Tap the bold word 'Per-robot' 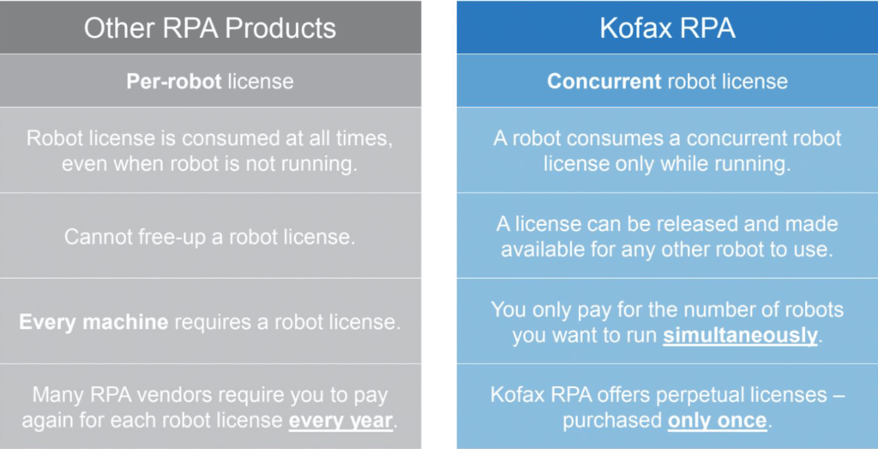174,82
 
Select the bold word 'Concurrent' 604,82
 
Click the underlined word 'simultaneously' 740,335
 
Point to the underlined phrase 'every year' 340,421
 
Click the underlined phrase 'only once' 718,421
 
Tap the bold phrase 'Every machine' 93,322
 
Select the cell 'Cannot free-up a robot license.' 210,237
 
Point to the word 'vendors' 173,396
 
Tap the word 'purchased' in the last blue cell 612,421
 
